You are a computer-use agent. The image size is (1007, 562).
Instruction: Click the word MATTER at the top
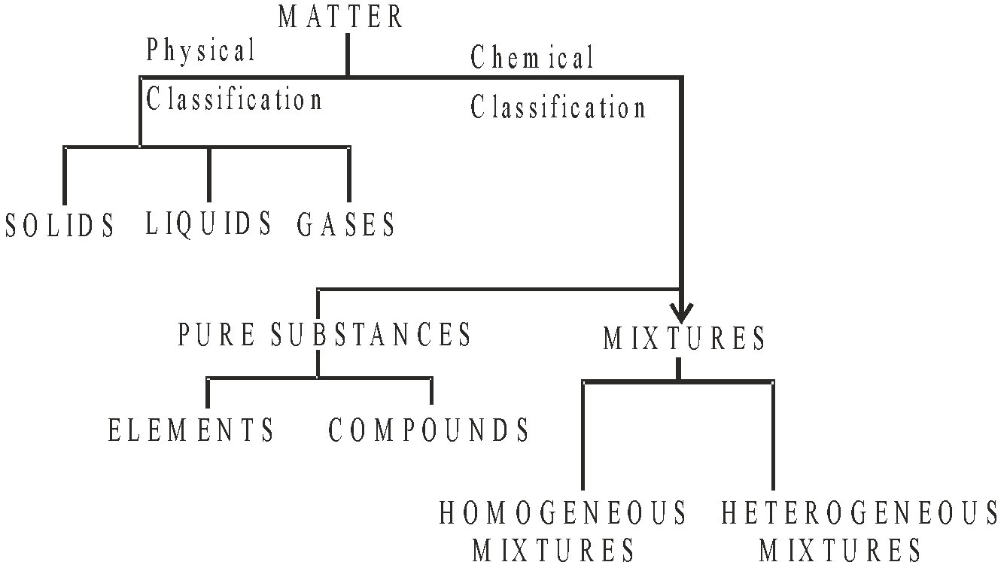pos(341,17)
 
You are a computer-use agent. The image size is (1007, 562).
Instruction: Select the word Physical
pos(201,51)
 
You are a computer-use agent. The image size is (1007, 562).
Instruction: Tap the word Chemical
pos(532,58)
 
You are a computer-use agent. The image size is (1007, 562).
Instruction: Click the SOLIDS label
pos(60,225)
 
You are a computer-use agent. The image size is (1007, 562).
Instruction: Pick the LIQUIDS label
pos(209,223)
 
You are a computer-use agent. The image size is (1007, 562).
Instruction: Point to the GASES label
pos(346,224)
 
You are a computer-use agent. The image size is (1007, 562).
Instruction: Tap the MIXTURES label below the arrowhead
pos(684,339)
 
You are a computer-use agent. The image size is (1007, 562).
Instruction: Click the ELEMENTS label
pos(192,430)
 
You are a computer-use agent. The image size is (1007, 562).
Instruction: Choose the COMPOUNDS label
pos(430,430)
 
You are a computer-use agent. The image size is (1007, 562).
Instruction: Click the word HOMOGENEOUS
pos(564,513)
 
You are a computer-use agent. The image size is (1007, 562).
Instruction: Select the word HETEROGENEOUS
pos(860,513)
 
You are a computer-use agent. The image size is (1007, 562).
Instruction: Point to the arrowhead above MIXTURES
pos(682,311)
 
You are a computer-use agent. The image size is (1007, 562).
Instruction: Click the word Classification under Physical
pos(234,99)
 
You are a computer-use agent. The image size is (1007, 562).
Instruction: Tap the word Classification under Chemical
pos(558,108)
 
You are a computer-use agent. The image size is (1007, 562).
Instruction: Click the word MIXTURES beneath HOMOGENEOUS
pos(555,550)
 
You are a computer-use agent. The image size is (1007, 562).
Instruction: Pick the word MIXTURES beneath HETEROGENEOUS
pos(841,550)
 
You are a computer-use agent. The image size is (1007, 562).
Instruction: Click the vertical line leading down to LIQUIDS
pos(209,175)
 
